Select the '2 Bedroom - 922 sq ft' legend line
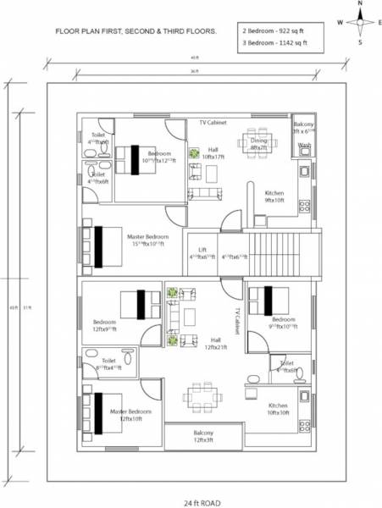pos(272,28)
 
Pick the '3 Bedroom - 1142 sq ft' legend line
pos(274,40)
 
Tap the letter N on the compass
pos(360,4)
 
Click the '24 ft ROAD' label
pos(202,503)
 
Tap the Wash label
pos(304,145)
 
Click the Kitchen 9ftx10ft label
pos(274,197)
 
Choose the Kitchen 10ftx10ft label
pos(279,409)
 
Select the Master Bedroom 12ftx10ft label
pos(130,415)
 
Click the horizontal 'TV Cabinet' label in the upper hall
pos(214,123)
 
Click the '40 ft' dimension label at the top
pos(196,58)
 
